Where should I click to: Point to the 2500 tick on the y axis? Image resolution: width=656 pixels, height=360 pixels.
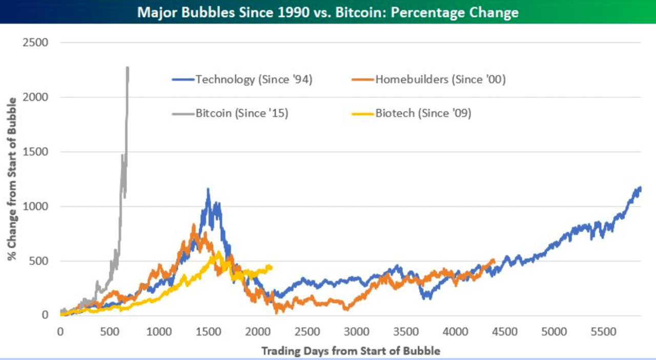click(36, 43)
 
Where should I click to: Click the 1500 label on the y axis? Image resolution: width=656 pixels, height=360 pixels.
click(36, 152)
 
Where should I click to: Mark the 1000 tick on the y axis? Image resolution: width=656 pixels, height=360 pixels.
click(36, 206)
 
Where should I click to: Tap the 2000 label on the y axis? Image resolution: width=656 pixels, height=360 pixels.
click(36, 97)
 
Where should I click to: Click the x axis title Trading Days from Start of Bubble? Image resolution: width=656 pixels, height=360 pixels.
click(351, 351)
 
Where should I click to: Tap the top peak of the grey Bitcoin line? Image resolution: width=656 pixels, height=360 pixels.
click(128, 67)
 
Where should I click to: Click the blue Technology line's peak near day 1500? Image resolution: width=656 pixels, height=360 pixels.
click(208, 189)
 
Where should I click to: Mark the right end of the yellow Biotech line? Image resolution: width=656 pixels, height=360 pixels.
click(271, 267)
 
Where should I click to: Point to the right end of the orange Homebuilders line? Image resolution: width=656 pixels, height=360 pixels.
click(494, 261)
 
